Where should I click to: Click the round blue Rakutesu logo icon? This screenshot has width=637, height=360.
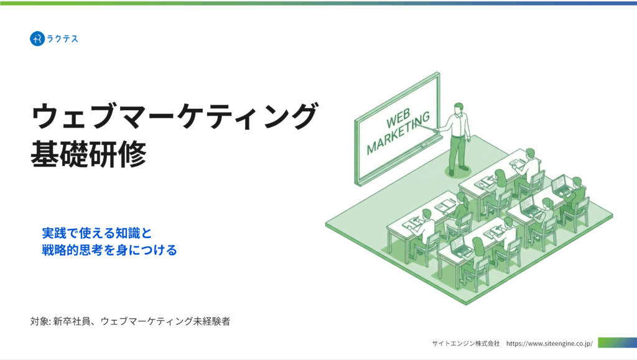[x=37, y=39]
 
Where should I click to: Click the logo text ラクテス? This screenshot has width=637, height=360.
[x=62, y=39]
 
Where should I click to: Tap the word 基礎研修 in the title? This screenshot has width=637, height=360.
[x=88, y=154]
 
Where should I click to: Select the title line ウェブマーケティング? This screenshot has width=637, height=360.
[x=174, y=116]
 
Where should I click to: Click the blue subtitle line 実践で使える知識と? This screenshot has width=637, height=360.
[x=96, y=233]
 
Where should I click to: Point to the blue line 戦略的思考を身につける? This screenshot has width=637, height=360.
[x=109, y=249]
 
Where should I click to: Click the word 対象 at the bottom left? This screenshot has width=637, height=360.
[x=39, y=321]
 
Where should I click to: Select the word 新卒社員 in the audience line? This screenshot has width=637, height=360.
[x=71, y=321]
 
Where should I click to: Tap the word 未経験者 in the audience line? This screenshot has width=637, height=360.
[x=212, y=321]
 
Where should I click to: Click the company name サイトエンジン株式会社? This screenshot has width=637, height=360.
[x=465, y=343]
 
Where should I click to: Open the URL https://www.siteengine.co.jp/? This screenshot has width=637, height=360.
[x=549, y=343]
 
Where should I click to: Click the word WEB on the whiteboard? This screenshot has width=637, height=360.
[x=398, y=119]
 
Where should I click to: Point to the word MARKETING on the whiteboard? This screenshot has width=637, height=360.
[x=398, y=132]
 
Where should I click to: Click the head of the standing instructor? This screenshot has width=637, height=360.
[x=458, y=108]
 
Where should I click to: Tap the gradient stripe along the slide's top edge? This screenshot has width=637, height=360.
[x=318, y=3]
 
